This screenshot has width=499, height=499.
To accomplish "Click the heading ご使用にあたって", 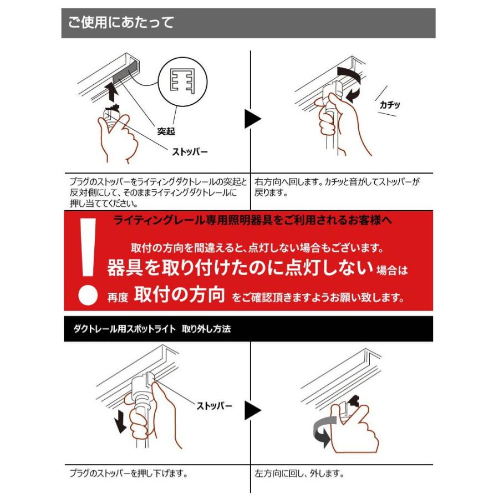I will (x=121, y=23).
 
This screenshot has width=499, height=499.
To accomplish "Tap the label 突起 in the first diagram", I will (x=166, y=131).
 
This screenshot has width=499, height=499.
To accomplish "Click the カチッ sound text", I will (x=390, y=104).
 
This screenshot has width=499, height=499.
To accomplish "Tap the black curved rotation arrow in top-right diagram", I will (x=350, y=83).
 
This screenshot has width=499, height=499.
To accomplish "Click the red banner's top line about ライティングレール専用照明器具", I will (x=252, y=220).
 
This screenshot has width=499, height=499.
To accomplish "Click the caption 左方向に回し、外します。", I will (x=299, y=474).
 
